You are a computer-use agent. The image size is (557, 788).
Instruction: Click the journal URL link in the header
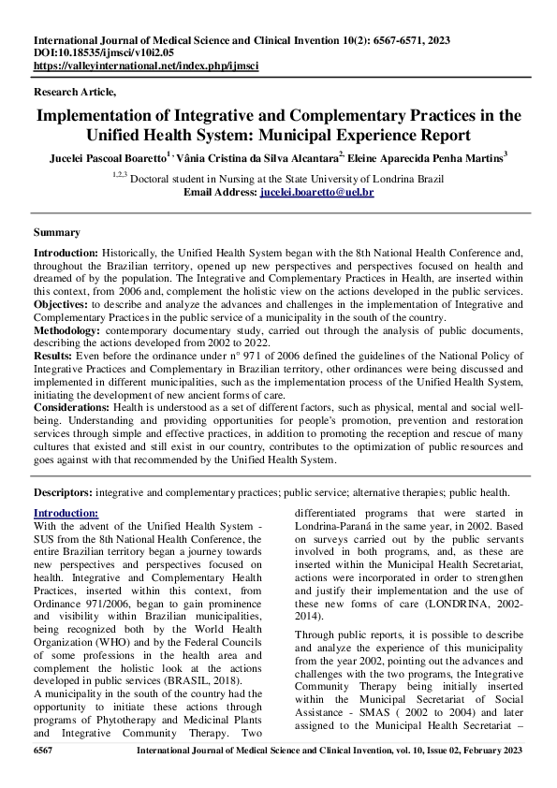click(145, 67)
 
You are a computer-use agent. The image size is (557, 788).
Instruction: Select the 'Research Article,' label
click(75, 92)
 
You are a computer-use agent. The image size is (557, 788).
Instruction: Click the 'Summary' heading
click(56, 232)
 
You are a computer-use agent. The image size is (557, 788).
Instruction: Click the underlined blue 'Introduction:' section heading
click(66, 513)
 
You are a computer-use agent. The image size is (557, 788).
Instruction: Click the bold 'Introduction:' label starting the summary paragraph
click(66, 254)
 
